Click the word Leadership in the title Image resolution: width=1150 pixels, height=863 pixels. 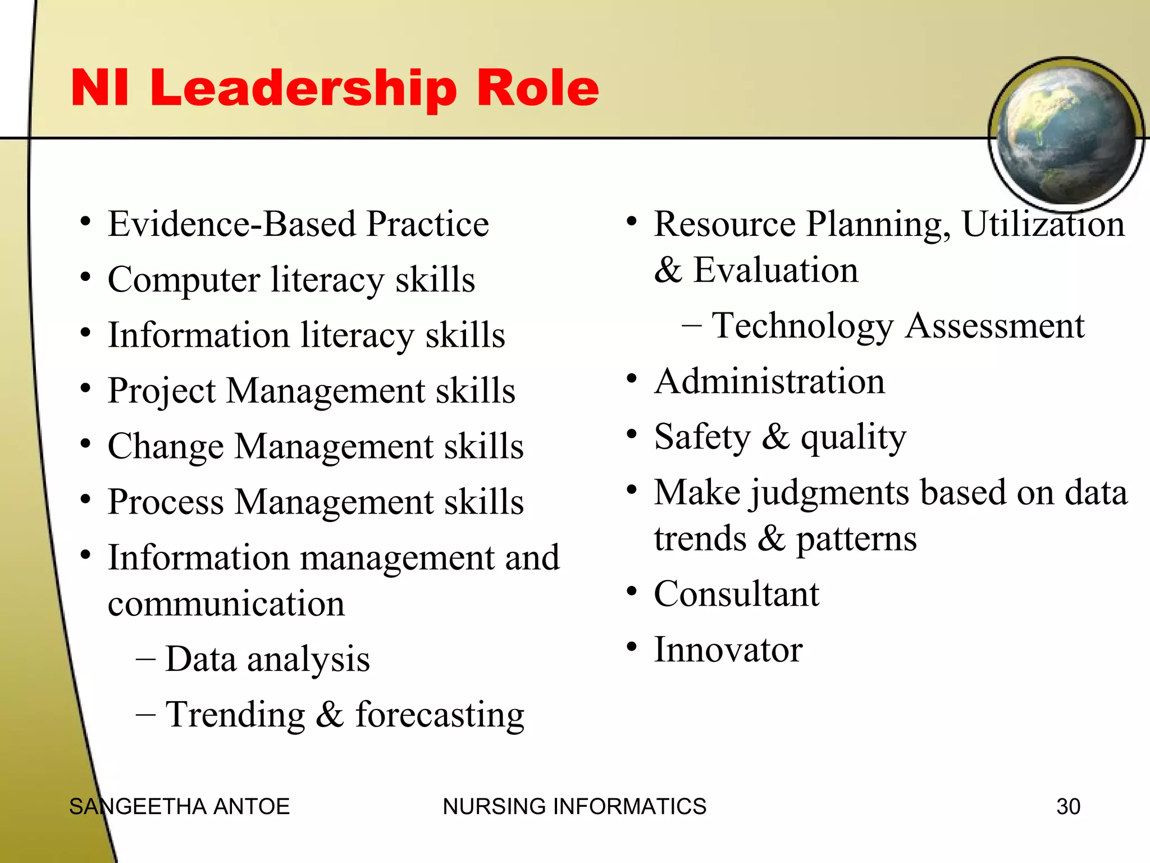click(x=303, y=89)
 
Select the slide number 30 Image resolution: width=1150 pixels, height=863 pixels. click(x=1068, y=806)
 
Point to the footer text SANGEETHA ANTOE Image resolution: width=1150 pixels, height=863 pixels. click(x=179, y=806)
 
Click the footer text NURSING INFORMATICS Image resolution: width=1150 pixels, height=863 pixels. click(x=574, y=806)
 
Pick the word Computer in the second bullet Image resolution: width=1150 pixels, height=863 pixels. click(x=184, y=279)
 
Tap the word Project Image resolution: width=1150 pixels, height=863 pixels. click(x=162, y=390)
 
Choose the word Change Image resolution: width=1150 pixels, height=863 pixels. click(x=166, y=446)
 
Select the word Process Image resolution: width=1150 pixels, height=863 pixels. click(x=166, y=502)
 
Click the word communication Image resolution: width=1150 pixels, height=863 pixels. click(x=226, y=604)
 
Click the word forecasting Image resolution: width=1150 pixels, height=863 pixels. click(x=440, y=715)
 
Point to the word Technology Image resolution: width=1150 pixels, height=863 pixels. click(x=803, y=326)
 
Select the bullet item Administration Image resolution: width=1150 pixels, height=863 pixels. click(x=769, y=381)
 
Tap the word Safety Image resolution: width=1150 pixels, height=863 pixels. click(x=702, y=437)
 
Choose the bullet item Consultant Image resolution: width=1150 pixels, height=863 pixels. click(x=737, y=594)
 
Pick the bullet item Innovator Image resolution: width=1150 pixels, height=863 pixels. click(x=728, y=649)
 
